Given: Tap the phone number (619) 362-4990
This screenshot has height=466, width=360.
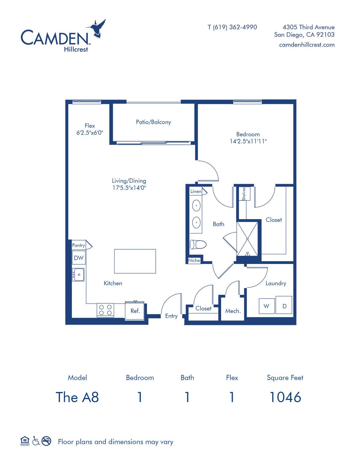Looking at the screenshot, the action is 235,27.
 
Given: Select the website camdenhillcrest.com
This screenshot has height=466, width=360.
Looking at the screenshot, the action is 307,45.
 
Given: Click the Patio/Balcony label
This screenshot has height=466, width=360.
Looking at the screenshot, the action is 154,122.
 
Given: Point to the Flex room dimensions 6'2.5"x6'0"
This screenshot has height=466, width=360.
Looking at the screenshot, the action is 90,133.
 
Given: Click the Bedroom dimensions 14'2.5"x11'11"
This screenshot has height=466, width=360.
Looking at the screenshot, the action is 248,141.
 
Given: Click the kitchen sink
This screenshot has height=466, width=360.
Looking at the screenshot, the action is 78,275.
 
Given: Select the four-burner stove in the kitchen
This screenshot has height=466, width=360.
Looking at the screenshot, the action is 105,310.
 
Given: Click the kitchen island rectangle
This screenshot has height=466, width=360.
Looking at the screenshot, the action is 135,261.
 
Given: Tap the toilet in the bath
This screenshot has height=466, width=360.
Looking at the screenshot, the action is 198,245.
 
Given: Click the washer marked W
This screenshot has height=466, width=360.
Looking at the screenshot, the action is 267,306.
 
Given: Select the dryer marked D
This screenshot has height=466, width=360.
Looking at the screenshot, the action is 284,305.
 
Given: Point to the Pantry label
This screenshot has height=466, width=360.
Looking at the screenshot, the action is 79,245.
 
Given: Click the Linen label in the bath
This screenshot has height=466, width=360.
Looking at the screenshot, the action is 196,191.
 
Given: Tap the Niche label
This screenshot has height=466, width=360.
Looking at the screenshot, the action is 194,260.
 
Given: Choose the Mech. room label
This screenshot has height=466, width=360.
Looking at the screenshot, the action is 233,311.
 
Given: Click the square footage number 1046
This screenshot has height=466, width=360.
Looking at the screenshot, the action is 285,397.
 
